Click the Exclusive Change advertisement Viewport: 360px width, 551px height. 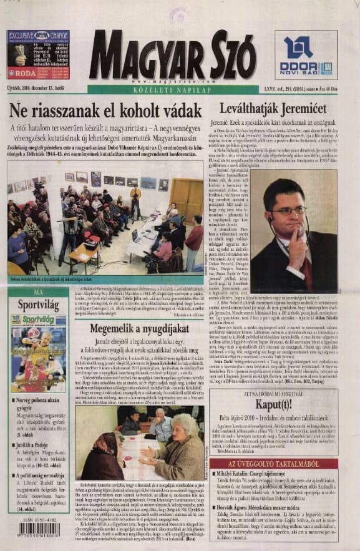pyautogui.click(x=38, y=54)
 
